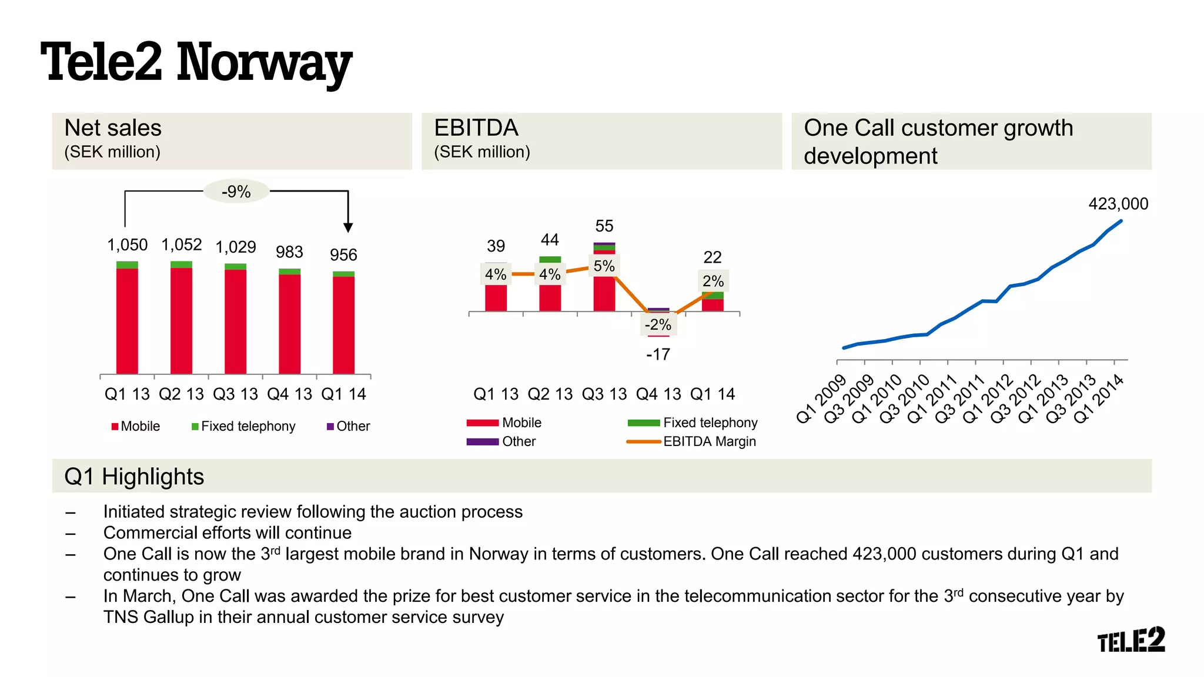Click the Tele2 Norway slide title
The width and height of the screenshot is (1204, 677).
196,62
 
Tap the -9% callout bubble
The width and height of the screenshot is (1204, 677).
236,192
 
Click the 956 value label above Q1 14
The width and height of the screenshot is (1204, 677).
343,255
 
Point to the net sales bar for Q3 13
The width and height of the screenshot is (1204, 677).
235,320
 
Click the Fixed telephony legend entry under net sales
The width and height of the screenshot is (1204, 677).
243,426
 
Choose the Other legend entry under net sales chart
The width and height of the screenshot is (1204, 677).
349,426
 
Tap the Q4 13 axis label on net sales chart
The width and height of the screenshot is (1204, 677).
289,394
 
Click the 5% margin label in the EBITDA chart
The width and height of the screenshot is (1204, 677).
604,266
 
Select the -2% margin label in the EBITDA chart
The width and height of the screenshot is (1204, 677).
658,324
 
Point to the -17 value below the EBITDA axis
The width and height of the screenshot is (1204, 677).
658,354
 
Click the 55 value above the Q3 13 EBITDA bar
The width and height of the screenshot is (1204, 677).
604,226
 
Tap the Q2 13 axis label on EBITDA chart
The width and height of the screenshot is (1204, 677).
550,394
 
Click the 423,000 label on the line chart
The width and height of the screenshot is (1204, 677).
1118,204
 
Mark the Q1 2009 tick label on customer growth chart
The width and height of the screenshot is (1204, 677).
821,399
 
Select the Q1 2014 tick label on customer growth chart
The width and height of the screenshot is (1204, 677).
1098,399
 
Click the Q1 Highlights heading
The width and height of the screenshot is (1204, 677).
134,477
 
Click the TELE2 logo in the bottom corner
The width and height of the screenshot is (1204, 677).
1131,640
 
